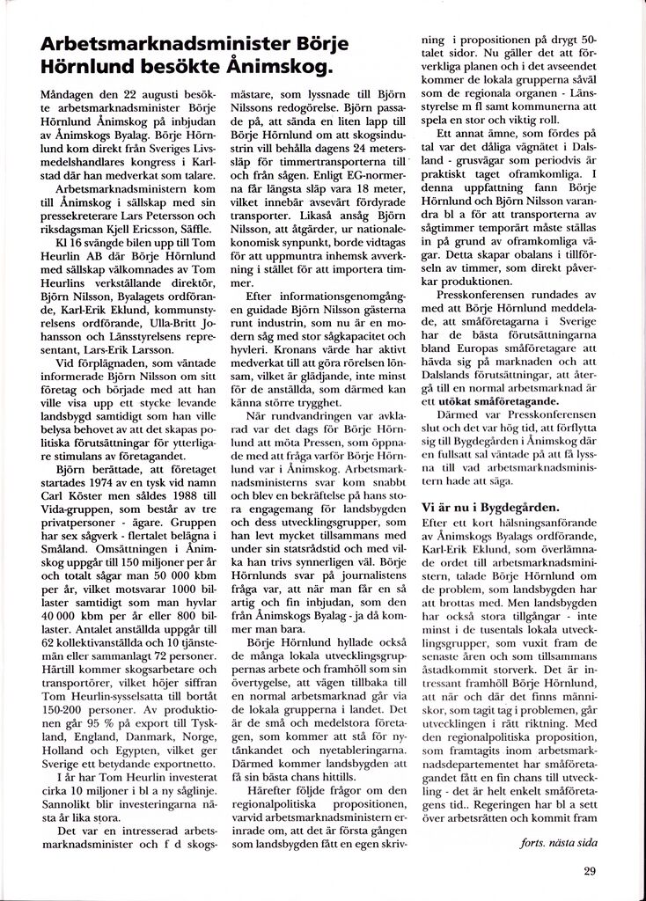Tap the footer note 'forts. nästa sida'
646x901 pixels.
(x=559, y=842)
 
